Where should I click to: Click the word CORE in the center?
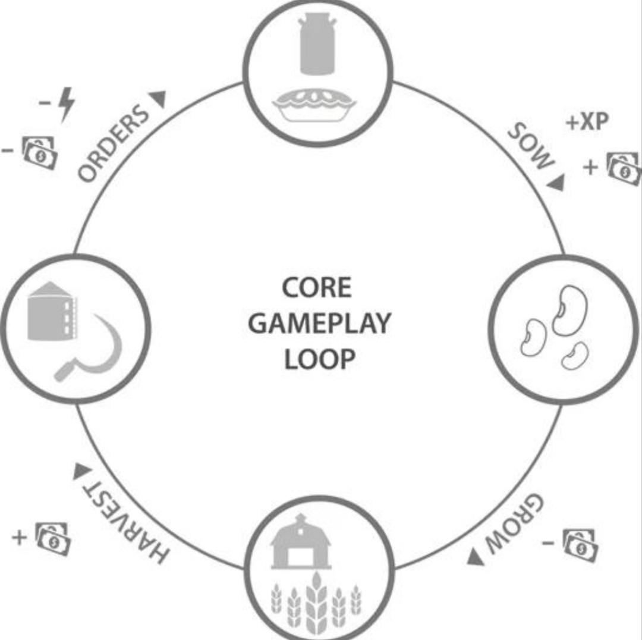coord(316,288)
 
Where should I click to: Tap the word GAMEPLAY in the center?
coord(319,324)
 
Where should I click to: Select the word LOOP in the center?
coord(319,359)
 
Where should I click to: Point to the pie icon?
coord(314,106)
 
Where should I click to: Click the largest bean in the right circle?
coord(569,310)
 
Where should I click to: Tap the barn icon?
coord(300,542)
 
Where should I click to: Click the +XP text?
coord(587,122)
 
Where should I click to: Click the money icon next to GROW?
coord(579,544)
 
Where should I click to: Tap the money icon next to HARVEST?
coord(52,538)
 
